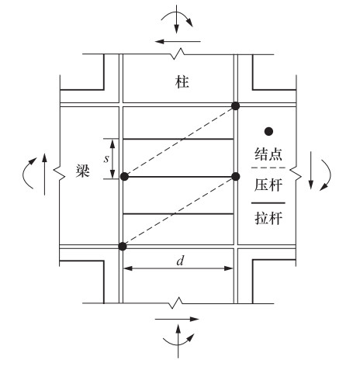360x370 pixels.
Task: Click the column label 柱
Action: coord(182,82)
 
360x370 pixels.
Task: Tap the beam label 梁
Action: coord(83,171)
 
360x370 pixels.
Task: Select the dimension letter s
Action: coord(106,159)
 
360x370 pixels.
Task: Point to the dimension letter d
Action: coord(180,261)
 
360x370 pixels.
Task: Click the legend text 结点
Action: coord(268,154)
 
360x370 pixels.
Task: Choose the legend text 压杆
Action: coord(268,185)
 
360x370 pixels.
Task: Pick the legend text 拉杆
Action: coord(268,218)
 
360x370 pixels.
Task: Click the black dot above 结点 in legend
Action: coord(268,132)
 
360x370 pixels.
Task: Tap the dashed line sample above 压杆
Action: coord(268,168)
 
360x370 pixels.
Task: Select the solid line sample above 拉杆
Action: coord(268,203)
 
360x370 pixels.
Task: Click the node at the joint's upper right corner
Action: coord(236,105)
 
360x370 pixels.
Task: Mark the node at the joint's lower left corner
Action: coord(123,247)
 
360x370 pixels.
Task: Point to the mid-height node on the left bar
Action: coord(125,177)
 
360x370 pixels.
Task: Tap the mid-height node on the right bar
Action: coord(236,177)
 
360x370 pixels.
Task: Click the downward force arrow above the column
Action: coord(176,19)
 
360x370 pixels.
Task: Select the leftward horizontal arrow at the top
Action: coord(178,41)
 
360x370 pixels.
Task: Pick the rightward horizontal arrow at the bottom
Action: coord(177,319)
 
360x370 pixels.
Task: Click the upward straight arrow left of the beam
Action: coord(44,174)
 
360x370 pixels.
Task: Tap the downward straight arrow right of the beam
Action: coord(311,171)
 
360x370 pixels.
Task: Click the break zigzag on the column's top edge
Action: coord(178,54)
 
